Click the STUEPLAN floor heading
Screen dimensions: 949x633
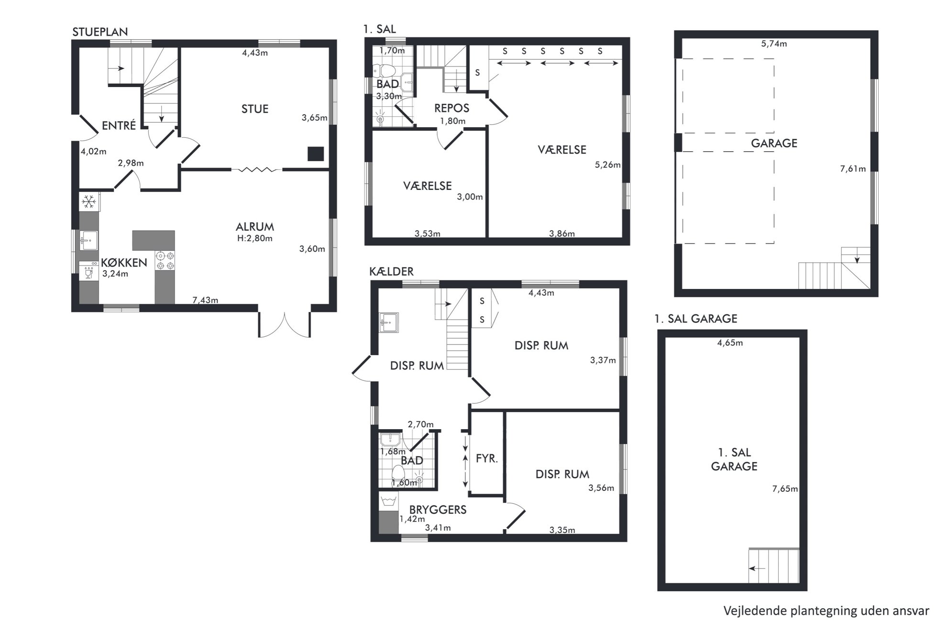click(x=100, y=32)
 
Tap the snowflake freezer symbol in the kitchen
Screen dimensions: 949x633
click(x=88, y=202)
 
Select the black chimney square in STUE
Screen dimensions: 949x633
click(x=315, y=154)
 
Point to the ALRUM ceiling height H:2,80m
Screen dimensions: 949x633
click(x=255, y=238)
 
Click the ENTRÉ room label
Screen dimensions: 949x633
click(x=119, y=125)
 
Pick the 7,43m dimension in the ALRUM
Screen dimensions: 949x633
click(x=205, y=300)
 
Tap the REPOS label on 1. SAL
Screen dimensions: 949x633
click(x=452, y=108)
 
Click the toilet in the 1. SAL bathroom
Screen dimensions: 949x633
click(x=385, y=71)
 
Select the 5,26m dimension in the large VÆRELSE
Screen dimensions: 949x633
click(x=607, y=165)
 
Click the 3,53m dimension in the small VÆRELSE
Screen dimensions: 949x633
click(x=427, y=233)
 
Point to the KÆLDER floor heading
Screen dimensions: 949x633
click(x=391, y=271)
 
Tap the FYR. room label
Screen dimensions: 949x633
click(x=487, y=458)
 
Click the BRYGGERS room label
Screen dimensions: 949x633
click(x=438, y=510)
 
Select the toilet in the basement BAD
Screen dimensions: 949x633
click(x=398, y=474)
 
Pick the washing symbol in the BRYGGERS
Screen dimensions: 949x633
click(x=388, y=501)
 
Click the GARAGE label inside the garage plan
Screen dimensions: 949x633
click(x=774, y=143)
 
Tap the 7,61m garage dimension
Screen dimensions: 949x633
click(x=853, y=168)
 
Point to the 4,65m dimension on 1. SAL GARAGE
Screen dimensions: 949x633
click(x=730, y=343)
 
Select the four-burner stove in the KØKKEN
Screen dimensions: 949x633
click(x=165, y=261)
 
